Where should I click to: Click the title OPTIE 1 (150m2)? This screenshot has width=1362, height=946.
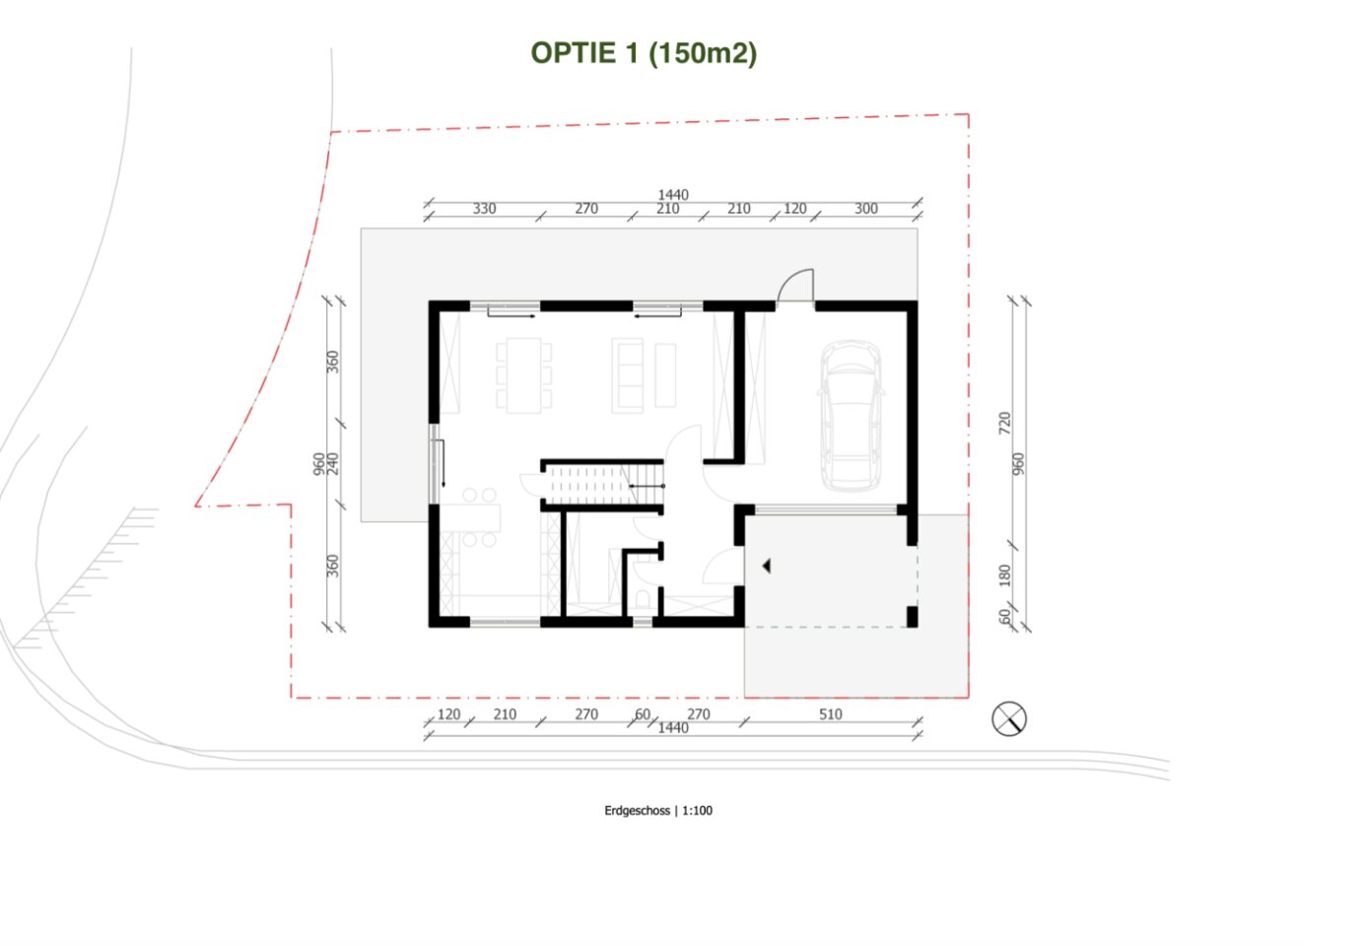[x=644, y=53]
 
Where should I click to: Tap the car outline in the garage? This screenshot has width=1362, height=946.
[x=851, y=416]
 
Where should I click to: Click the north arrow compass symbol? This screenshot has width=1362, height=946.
[x=1009, y=718]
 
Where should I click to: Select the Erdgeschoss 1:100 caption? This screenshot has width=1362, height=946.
[x=658, y=810]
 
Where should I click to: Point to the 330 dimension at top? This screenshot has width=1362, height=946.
[x=484, y=209]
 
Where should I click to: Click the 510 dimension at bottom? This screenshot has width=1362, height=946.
[x=831, y=714]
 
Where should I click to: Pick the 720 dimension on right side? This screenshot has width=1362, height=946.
[x=1004, y=423]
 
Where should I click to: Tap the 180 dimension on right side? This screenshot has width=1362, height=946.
[x=1004, y=575]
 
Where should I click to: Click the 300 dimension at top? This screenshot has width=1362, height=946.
[x=866, y=209]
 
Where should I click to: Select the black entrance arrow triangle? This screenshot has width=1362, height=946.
[x=767, y=566]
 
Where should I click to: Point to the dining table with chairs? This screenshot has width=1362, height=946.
[x=524, y=375]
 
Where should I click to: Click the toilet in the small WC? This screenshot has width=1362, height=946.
[x=643, y=599]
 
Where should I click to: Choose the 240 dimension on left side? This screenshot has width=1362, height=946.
[x=332, y=464]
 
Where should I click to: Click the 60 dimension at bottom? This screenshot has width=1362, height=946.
[x=643, y=714]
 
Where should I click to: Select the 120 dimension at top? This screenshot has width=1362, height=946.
[x=794, y=209]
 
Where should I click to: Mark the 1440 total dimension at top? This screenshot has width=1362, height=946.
[x=673, y=194]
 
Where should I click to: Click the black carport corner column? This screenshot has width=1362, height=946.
[x=912, y=617]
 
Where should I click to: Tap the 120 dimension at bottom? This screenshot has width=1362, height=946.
[x=448, y=714]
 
